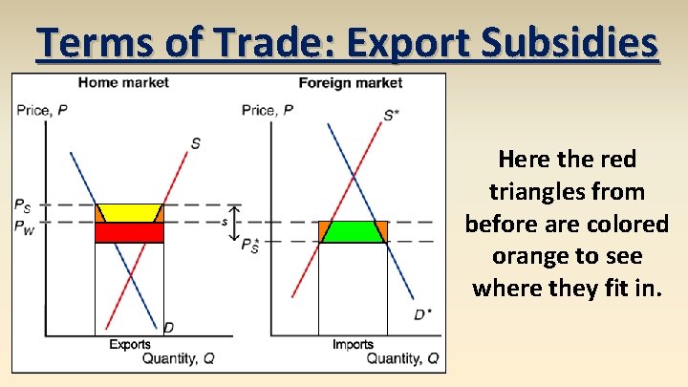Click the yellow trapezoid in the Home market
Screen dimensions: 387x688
129,213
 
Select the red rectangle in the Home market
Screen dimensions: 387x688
129,232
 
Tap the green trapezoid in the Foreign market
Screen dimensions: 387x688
353,231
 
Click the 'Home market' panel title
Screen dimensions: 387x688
123,83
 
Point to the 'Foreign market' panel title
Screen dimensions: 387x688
351,83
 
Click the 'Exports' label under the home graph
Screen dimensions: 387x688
129,344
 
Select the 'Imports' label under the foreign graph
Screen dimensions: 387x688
353,344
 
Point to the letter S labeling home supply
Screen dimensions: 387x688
195,143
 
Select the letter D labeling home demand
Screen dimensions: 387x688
168,328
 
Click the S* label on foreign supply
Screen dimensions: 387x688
392,115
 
